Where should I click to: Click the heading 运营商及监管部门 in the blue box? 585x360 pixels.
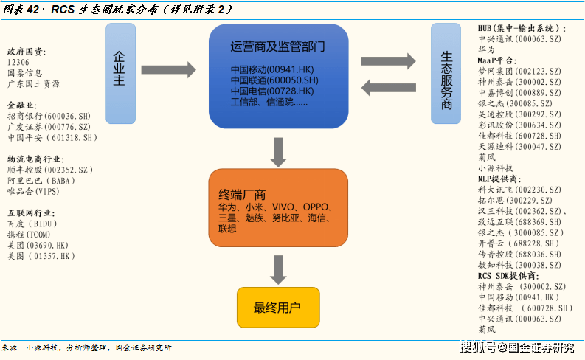(277, 46)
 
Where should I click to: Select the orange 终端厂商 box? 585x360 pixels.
(278, 208)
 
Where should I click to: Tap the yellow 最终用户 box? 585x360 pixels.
(278, 308)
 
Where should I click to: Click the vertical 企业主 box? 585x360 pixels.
(120, 74)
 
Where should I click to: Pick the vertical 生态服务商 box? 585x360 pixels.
(446, 74)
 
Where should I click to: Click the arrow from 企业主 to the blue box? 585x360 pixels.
(169, 70)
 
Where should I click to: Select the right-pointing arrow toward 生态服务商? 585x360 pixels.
(388, 60)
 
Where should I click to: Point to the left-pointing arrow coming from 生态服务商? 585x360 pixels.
(388, 88)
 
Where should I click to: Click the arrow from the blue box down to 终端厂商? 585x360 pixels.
(278, 152)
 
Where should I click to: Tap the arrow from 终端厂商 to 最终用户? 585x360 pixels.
(278, 270)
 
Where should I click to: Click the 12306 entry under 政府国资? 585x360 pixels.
(18, 62)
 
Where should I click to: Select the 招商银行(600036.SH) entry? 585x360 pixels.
(49, 116)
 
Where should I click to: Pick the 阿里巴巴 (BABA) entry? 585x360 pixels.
(41, 181)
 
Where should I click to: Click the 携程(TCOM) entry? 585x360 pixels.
(29, 235)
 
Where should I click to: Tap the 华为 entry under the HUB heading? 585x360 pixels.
(486, 49)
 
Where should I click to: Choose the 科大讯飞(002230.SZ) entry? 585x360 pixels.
(519, 190)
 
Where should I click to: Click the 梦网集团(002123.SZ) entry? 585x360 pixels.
(519, 71)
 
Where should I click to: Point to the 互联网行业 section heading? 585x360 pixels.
(31, 213)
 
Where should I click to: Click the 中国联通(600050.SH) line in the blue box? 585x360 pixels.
(274, 80)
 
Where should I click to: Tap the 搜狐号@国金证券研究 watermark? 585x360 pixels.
(517, 347)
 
